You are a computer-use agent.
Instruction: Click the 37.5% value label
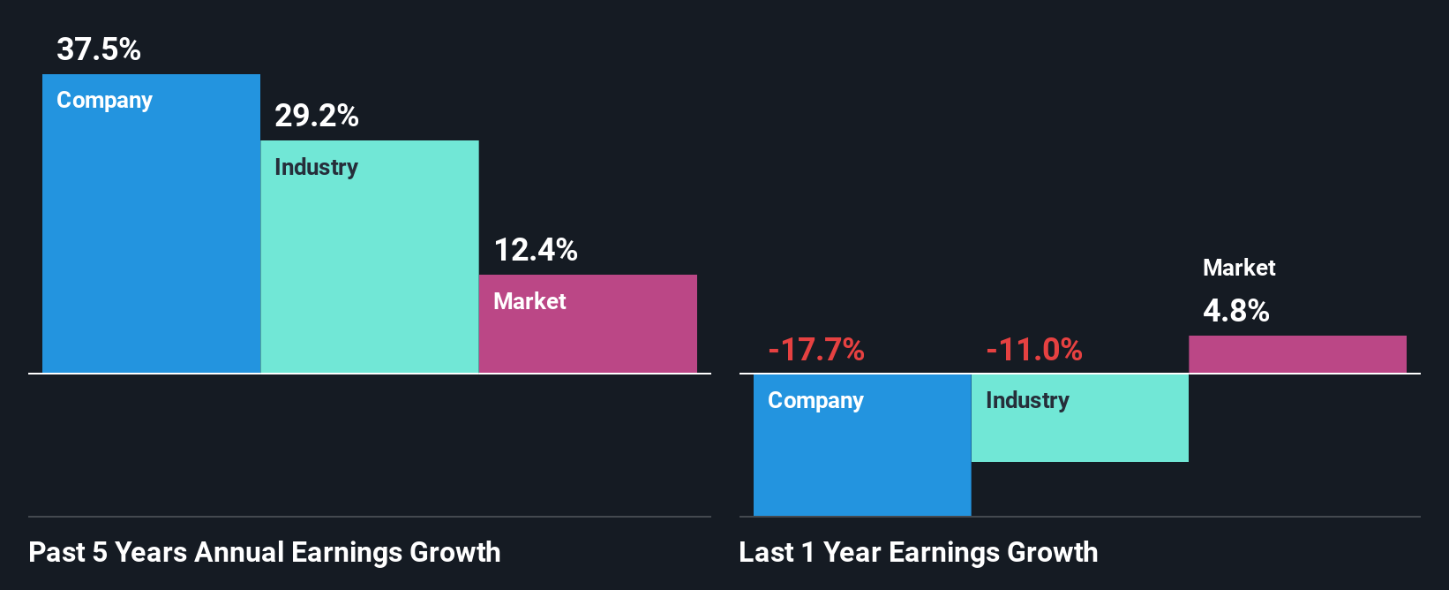(99, 49)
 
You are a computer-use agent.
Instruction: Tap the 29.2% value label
(317, 116)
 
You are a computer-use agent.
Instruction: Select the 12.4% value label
(536, 250)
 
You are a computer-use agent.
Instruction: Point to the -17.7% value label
(816, 350)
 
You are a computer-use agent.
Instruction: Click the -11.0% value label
(1034, 350)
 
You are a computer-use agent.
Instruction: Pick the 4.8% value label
(1236, 311)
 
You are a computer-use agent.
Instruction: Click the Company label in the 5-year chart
(104, 100)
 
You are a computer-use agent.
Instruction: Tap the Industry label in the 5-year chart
(316, 167)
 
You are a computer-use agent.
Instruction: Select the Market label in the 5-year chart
(529, 301)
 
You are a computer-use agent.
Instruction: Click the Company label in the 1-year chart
(815, 400)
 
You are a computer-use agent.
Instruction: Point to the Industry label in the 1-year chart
(1027, 400)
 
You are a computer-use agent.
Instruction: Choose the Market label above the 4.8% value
(1239, 268)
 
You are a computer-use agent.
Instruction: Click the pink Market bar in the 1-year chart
(1297, 354)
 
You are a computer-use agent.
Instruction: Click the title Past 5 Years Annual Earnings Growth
(265, 552)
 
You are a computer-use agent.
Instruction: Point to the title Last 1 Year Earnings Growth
(919, 552)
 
